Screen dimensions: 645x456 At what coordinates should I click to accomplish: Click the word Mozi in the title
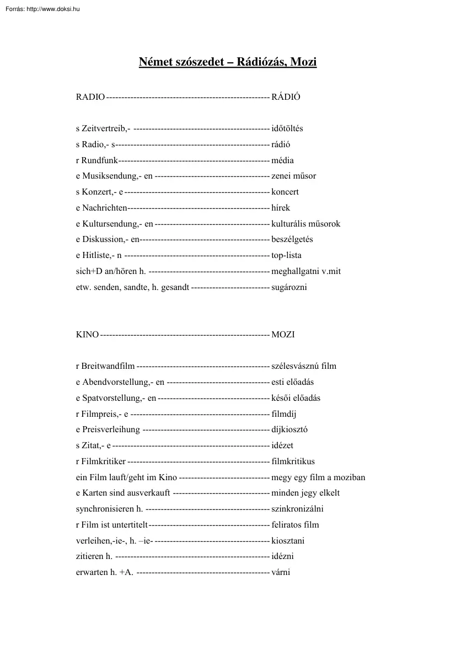(303, 62)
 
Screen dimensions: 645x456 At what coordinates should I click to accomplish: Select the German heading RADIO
(90, 97)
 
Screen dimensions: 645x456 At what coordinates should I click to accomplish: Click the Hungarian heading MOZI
(283, 335)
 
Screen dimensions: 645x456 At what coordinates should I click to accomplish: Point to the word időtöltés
(287, 128)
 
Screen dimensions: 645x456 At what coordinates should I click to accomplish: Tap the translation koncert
(285, 192)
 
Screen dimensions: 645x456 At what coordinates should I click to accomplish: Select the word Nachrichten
(104, 208)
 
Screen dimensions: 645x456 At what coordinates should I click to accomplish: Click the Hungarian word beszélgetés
(292, 240)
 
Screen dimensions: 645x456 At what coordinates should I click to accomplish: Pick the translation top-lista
(287, 255)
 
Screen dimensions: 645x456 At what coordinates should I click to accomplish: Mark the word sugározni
(289, 287)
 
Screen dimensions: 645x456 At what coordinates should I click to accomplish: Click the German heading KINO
(87, 335)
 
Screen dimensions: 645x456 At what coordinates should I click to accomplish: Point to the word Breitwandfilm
(108, 366)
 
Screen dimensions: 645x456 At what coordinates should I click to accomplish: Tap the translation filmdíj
(285, 413)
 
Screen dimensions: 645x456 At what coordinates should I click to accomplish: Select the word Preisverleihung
(111, 429)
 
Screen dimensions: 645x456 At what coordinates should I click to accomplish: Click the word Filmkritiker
(104, 461)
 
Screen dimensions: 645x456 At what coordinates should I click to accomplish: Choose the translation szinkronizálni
(298, 509)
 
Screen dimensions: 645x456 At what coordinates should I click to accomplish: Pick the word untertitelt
(131, 525)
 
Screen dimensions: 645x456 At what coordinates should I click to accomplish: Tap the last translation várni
(281, 572)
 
